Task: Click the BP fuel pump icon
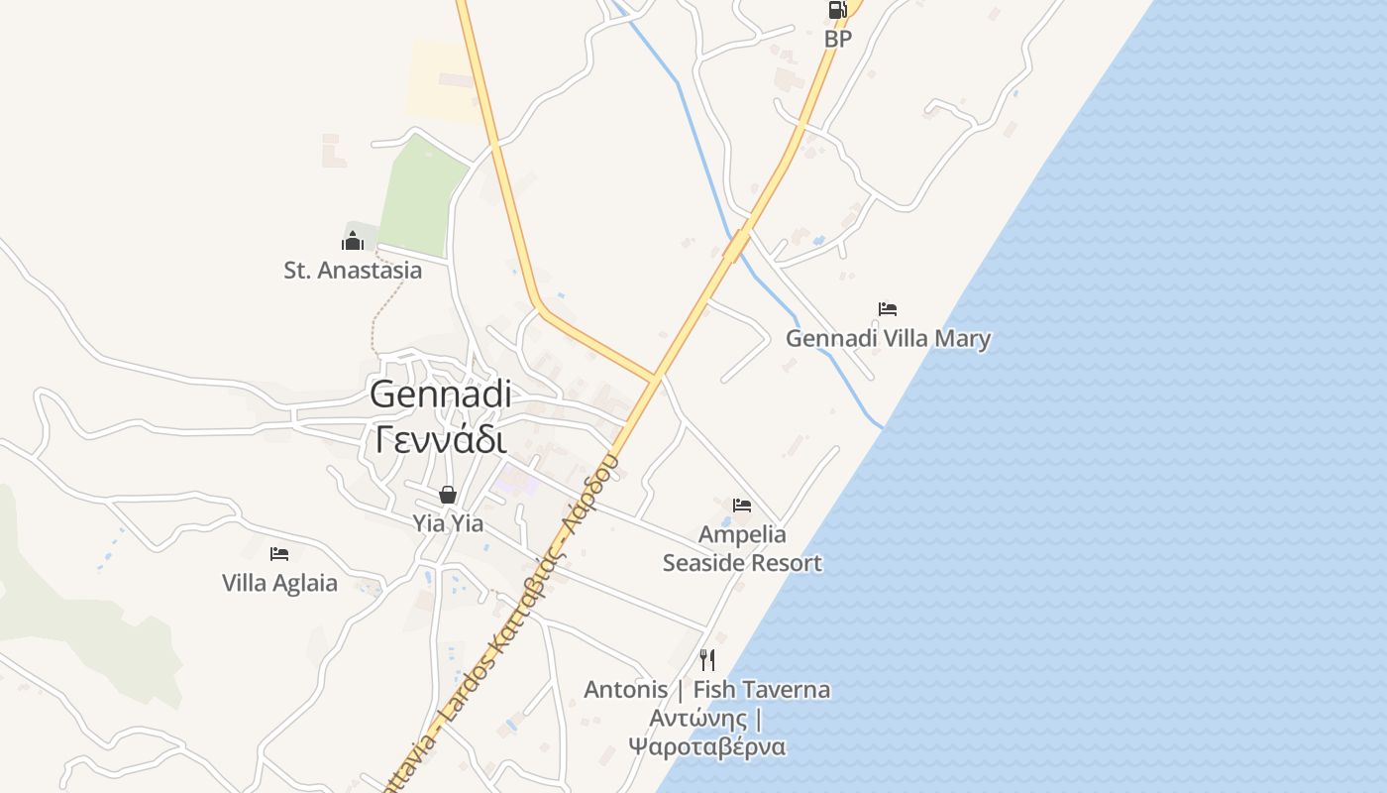coord(837,11)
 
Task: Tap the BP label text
coord(838,39)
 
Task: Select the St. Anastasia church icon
coord(353,241)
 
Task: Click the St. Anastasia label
coord(353,270)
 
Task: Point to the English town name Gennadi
coord(441,394)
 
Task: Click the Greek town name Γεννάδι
coord(441,437)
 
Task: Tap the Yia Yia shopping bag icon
coord(448,495)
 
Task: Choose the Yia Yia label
coord(448,522)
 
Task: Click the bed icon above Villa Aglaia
coord(279,554)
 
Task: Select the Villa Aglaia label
coord(279,583)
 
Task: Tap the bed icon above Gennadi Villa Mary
coord(888,309)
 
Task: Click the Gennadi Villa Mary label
coord(888,339)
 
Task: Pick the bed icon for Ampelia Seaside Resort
coord(742,506)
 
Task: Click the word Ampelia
coord(742,535)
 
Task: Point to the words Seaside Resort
coord(742,563)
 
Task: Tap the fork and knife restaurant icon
coord(707,659)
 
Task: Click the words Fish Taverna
coord(762,689)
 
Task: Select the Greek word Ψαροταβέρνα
coord(707,746)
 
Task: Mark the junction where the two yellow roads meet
coord(654,378)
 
